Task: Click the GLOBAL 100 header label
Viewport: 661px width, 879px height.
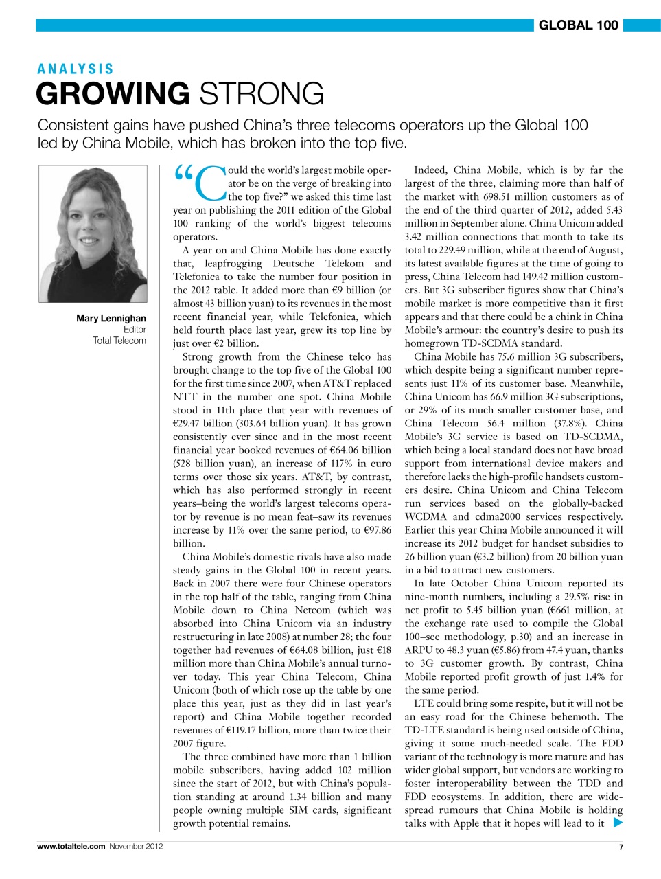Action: pos(578,25)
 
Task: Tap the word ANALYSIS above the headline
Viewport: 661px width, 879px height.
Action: pos(76,69)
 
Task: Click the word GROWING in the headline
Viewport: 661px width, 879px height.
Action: pos(113,94)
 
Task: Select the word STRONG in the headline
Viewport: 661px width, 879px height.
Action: pos(262,94)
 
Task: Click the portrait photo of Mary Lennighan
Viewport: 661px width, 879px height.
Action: pos(93,233)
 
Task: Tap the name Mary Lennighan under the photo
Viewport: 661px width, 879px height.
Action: pos(111,318)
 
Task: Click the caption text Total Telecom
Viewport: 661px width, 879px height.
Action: pos(119,341)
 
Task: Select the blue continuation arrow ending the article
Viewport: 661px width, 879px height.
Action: pos(617,823)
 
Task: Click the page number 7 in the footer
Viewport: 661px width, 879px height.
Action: pos(621,847)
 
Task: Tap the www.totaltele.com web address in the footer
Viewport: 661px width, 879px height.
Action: pos(71,846)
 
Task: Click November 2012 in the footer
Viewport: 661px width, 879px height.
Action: pos(136,846)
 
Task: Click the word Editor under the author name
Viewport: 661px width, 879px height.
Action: pos(135,330)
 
